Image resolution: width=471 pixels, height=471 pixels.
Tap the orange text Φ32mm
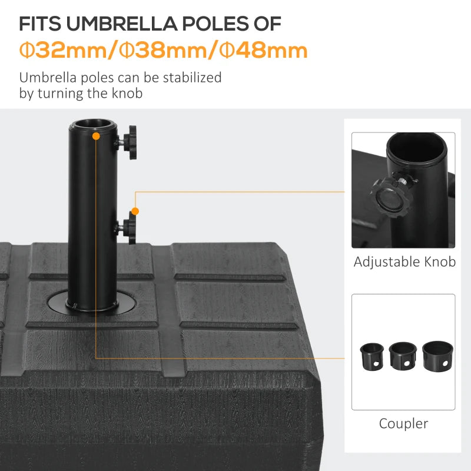point(62,51)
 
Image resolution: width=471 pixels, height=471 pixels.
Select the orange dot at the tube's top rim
point(95,136)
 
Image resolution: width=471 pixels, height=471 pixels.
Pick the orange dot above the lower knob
point(135,211)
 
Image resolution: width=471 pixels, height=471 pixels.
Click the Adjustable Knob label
point(404,262)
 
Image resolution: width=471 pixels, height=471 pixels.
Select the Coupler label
point(403,423)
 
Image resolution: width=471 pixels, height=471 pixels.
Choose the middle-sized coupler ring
point(403,356)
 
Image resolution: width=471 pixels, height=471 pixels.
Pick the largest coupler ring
point(436,355)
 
